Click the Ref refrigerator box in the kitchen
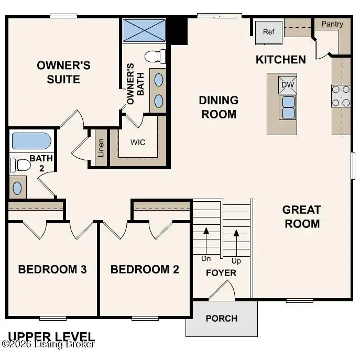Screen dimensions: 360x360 click(268, 32)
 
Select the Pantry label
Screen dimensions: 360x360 click(332, 24)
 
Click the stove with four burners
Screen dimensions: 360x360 click(341, 96)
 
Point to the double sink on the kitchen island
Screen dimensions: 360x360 click(288, 107)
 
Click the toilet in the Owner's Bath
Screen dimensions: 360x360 click(155, 56)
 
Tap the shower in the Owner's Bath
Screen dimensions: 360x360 click(144, 30)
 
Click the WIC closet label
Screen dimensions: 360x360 click(138, 142)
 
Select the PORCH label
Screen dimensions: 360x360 click(221, 318)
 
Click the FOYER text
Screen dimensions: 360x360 click(221, 273)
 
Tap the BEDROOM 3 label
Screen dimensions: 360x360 click(52, 269)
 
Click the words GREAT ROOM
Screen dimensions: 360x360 click(301, 216)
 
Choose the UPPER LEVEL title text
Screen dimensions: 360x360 click(51, 336)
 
